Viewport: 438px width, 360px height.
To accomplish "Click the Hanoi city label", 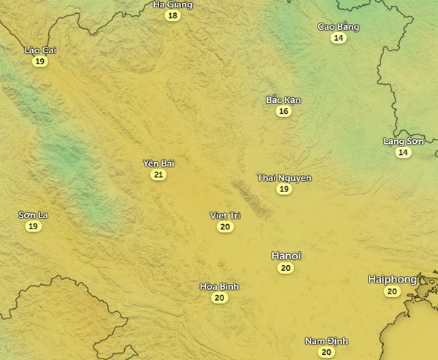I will pos(286,256).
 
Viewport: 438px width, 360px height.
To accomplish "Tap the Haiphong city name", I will pos(392,279).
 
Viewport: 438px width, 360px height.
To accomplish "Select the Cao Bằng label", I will pos(338,27).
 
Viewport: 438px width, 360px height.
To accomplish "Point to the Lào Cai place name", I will pos(40,50).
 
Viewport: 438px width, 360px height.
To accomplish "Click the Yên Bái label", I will pos(158,164).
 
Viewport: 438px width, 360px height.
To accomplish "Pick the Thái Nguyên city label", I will pos(285,177).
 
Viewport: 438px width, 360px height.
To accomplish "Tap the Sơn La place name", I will pos(33,215).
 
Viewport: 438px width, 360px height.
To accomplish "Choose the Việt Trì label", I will pos(225,215).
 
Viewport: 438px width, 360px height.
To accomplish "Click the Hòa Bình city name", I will pos(219,286).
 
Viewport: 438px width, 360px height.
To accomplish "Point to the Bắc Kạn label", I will pos(283,99).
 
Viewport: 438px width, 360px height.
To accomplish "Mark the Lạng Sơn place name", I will pos(403,141).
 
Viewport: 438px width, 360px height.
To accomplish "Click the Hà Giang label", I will pos(173,4).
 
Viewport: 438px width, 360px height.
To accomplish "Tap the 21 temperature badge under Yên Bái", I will pos(158,175).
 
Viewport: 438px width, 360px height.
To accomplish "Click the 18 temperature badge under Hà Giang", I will pos(172,15).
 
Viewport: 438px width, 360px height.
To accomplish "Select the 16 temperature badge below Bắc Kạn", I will pos(283,111).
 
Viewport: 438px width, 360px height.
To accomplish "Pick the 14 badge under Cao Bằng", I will pos(338,38).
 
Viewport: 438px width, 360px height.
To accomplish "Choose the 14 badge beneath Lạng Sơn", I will pos(403,152).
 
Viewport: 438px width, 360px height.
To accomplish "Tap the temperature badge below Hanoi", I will pos(285,268).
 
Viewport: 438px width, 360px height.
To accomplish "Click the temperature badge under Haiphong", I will pos(392,291).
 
